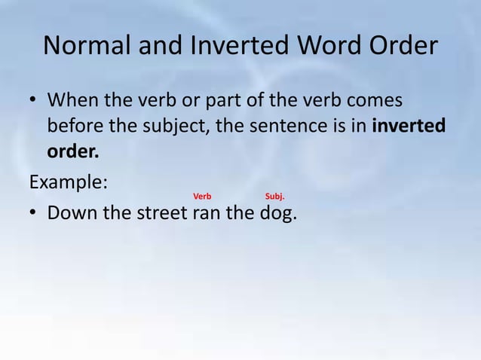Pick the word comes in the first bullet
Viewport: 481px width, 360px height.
373,101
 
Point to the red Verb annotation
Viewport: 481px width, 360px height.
202,197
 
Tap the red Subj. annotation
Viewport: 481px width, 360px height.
274,197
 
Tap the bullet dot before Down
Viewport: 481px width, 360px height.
34,215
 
